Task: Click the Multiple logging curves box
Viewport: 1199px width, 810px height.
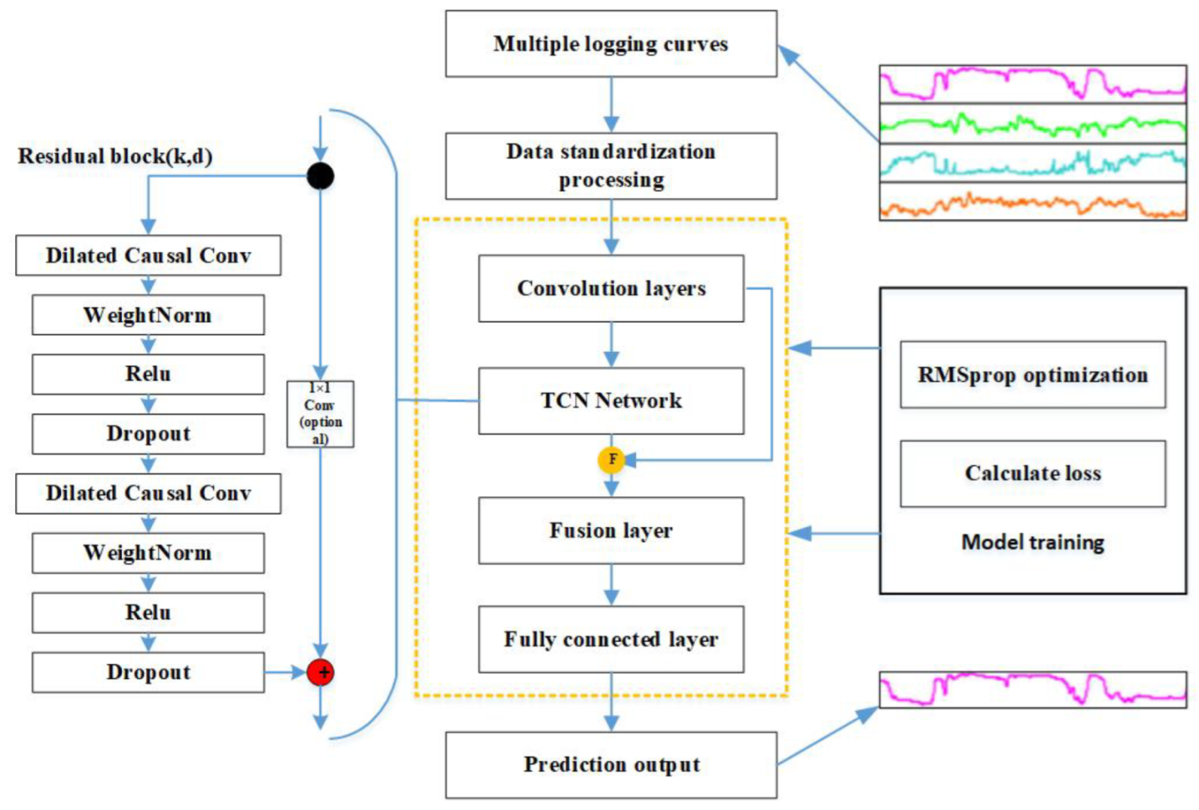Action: pos(610,43)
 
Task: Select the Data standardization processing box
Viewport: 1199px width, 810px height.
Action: pos(610,166)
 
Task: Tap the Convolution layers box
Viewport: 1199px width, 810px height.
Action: pos(610,288)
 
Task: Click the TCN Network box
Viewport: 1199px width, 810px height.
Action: pos(610,401)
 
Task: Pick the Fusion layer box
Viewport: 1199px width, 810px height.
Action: pos(610,530)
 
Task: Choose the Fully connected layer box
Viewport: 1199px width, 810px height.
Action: pos(610,639)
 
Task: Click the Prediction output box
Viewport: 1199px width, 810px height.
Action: pos(610,765)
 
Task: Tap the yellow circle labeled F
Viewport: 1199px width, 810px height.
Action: pos(611,460)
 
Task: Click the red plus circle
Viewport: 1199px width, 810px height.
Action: pos(320,672)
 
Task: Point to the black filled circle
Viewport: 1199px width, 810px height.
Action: pos(320,176)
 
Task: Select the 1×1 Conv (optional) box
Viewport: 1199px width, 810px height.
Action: pos(320,413)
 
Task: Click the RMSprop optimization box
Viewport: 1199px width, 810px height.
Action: pos(1033,375)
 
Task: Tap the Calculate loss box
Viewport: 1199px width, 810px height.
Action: pos(1033,473)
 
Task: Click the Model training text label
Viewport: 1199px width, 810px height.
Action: pos(1033,542)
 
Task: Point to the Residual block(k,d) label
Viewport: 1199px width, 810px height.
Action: pos(116,156)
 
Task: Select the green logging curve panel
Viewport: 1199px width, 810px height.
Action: pos(1033,123)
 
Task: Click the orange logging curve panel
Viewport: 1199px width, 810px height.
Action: pos(1033,201)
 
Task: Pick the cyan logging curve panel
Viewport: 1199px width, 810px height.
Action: pos(1033,162)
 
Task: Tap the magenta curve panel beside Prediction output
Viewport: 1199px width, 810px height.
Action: pos(1033,690)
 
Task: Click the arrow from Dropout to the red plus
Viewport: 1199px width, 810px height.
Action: pos(285,672)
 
